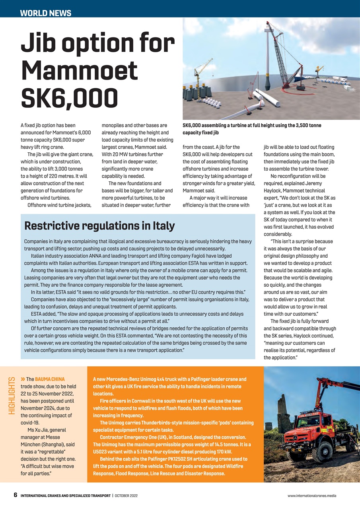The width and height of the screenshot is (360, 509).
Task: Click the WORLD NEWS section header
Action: point(46,13)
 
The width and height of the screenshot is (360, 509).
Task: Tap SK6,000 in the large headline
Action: point(69,97)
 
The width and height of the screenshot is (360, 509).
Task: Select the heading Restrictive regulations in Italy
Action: point(99,226)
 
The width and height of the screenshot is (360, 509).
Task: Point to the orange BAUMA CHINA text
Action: point(50,379)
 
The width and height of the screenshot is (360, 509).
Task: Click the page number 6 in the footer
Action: point(16,495)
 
